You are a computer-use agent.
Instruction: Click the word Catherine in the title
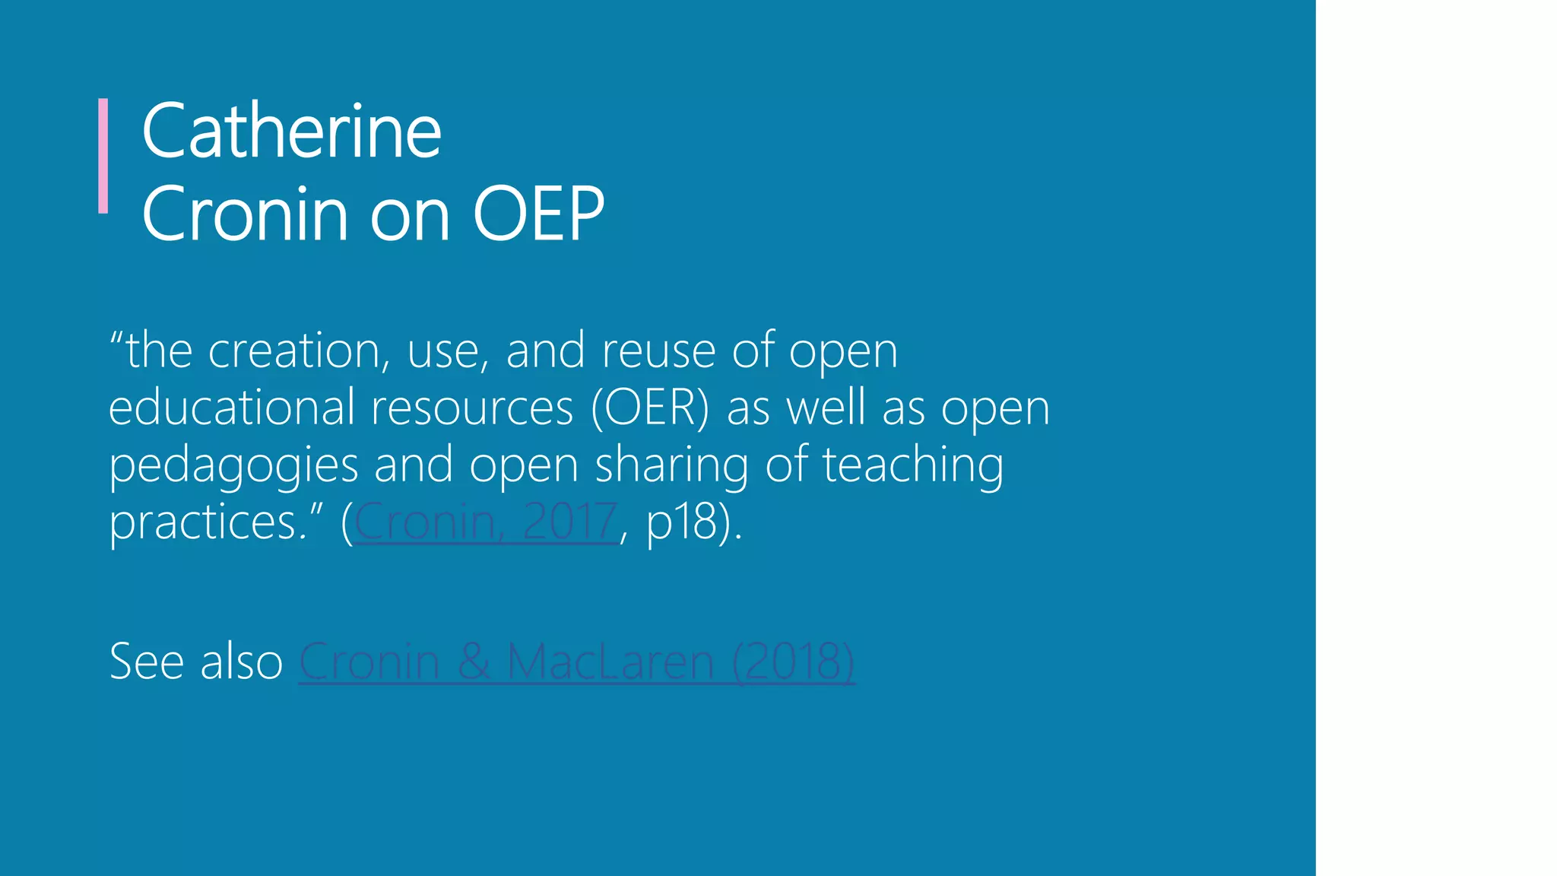(291, 132)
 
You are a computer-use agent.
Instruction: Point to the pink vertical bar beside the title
(103, 156)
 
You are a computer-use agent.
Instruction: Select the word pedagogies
(233, 465)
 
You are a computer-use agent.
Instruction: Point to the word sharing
(671, 465)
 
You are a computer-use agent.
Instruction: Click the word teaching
(912, 465)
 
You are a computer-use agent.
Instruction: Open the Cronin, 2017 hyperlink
(485, 522)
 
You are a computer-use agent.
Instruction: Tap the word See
(147, 661)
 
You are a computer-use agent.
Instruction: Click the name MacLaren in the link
(610, 661)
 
